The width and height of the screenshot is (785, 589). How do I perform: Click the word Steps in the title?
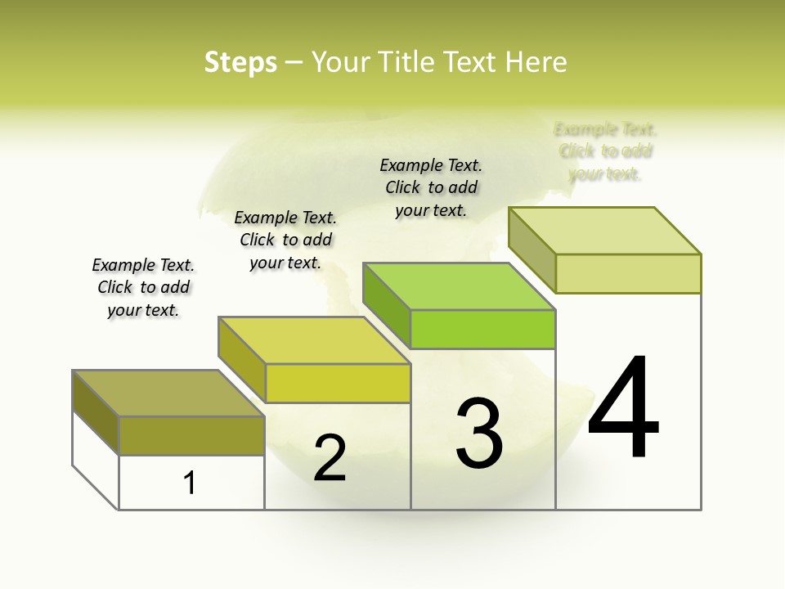(240, 62)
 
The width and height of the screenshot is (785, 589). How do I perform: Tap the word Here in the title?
(536, 62)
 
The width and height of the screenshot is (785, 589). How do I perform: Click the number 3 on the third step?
(479, 434)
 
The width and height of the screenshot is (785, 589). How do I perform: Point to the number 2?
(330, 457)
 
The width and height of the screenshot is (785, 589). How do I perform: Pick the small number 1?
(190, 483)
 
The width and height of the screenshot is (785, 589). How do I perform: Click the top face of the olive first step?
(168, 393)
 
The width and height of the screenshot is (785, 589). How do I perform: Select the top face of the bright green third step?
(458, 286)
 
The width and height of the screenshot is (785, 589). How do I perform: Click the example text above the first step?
(143, 287)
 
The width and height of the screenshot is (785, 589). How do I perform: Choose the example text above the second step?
(285, 240)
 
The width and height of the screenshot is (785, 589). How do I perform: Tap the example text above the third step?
(431, 187)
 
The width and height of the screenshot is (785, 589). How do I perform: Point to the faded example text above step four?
(605, 151)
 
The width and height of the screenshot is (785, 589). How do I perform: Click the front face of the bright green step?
(482, 329)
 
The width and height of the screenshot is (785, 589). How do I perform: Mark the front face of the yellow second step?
(338, 383)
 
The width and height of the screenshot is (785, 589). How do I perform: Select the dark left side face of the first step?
(96, 412)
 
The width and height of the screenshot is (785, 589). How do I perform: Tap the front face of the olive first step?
(191, 435)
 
